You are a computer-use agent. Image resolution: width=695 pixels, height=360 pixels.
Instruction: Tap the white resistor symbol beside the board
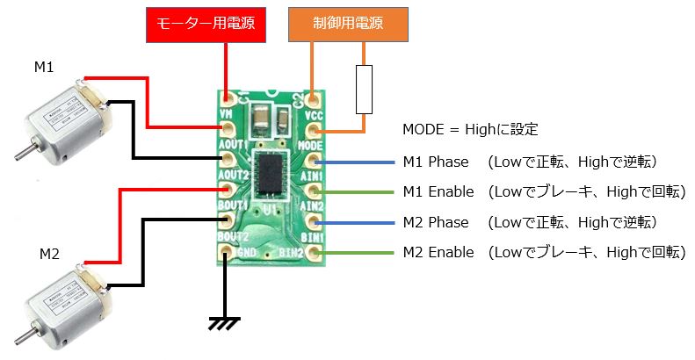pyautogui.click(x=365, y=89)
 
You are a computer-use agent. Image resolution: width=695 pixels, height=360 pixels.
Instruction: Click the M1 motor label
pyautogui.click(x=44, y=68)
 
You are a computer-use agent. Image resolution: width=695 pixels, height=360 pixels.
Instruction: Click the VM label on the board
pyautogui.click(x=226, y=116)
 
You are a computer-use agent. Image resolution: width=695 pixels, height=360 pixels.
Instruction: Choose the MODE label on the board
pyautogui.click(x=311, y=145)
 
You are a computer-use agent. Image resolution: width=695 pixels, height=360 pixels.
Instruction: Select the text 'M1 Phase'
pyautogui.click(x=436, y=162)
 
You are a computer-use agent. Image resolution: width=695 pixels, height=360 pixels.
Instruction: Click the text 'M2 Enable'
pyautogui.click(x=438, y=253)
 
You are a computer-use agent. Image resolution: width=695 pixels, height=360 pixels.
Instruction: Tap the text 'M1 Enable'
pyautogui.click(x=438, y=191)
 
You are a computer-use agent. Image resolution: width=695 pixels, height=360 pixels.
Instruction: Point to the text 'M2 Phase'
pyautogui.click(x=436, y=222)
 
